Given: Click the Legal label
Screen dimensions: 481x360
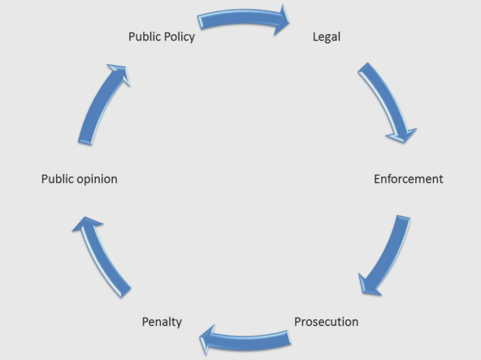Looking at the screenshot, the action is pos(327,37).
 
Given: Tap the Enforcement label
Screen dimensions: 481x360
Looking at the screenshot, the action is pos(409,179).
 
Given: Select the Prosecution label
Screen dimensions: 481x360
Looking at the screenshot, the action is pos(326,322).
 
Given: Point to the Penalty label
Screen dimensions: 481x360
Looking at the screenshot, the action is pos(162,322).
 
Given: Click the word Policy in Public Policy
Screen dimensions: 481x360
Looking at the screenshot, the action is pos(179,37).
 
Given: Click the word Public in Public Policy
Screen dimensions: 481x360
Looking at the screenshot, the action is pos(144,37).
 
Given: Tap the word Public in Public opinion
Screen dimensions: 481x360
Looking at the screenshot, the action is pos(58,179).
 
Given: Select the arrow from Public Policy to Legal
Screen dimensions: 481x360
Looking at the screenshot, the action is pos(244,16).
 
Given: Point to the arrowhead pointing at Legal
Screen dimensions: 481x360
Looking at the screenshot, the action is pos(282,20).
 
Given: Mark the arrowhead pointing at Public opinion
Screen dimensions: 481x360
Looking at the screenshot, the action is pos(87,223).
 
